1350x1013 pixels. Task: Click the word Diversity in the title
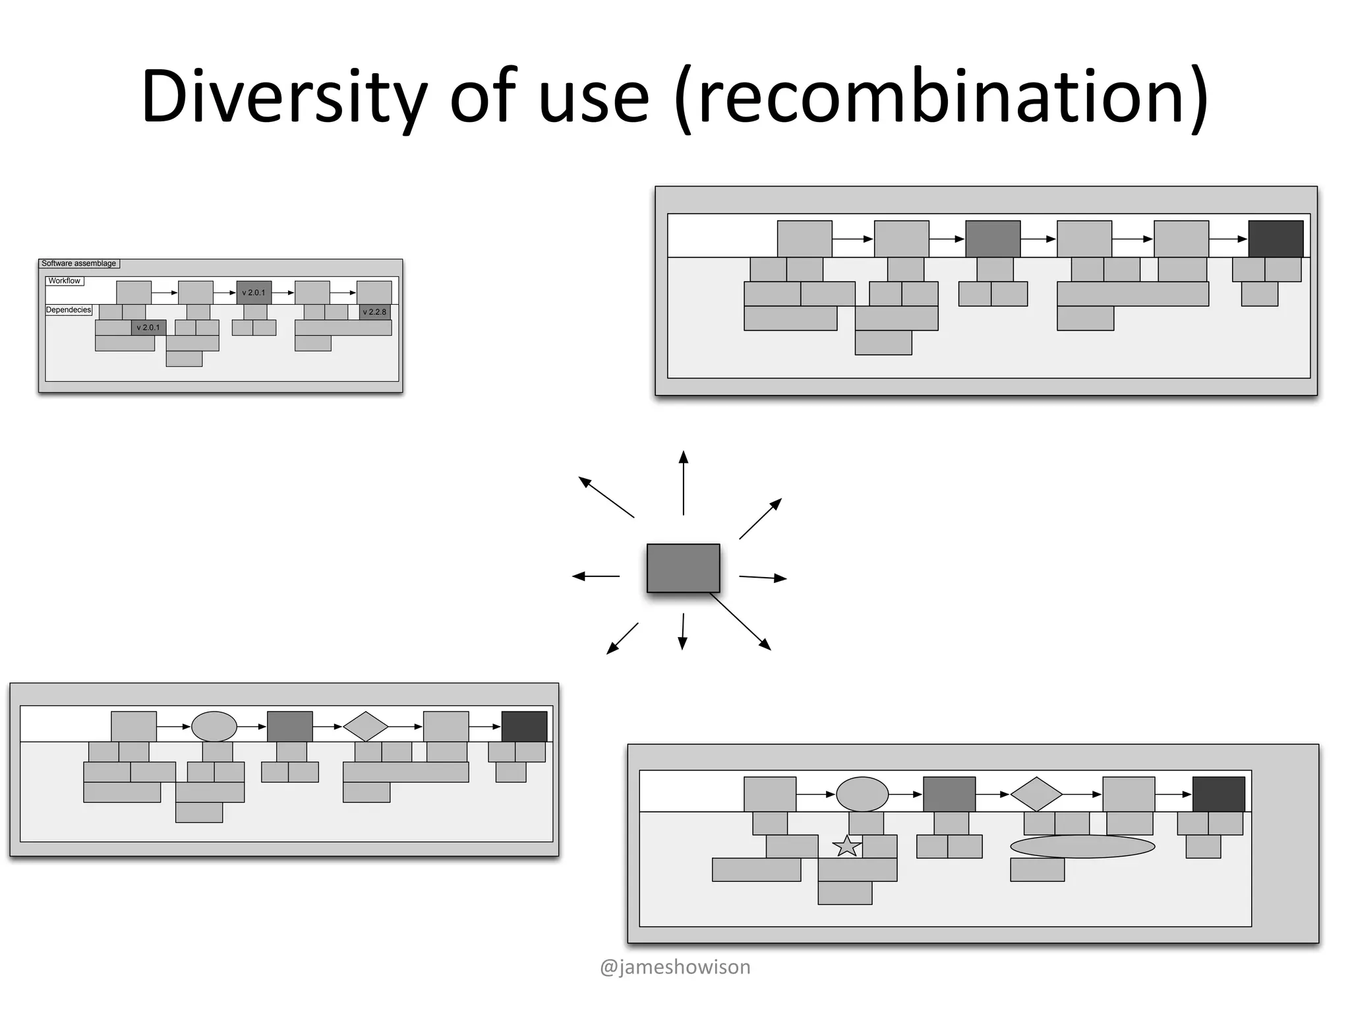click(283, 97)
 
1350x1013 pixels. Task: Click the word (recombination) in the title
click(943, 97)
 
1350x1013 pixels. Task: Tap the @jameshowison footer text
click(675, 967)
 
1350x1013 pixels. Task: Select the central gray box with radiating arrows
click(683, 568)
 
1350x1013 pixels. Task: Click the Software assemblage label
click(79, 263)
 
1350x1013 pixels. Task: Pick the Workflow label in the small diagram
click(64, 281)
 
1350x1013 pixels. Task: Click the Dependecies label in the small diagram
click(69, 310)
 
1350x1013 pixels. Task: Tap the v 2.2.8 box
click(374, 312)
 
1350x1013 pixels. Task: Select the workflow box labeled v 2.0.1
click(254, 293)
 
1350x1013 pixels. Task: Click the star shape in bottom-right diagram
click(847, 846)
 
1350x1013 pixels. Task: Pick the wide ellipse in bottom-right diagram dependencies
click(1082, 846)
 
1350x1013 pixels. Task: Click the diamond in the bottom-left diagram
click(366, 727)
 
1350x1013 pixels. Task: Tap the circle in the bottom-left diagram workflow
click(214, 727)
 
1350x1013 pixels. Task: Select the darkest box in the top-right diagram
click(1276, 239)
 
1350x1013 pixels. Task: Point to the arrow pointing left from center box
click(596, 576)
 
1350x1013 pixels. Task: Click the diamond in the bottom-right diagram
click(1036, 794)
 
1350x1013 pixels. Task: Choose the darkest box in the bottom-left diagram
click(524, 727)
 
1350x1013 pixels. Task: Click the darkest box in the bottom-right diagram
click(1219, 794)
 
